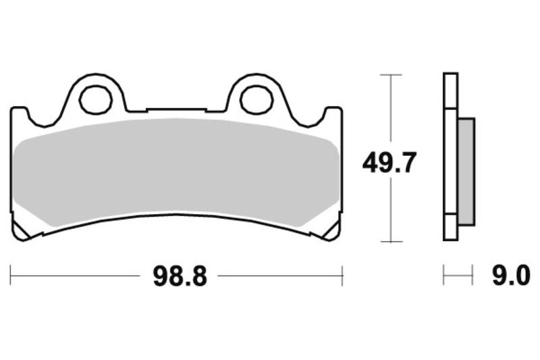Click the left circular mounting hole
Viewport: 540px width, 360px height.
click(x=95, y=99)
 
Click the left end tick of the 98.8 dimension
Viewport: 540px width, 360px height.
click(x=11, y=276)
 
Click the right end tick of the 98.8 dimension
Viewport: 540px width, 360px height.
click(x=343, y=276)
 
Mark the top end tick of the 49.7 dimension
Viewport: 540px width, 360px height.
click(x=390, y=74)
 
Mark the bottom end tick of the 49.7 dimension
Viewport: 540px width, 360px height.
click(x=390, y=241)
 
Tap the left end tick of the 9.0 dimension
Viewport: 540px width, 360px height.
click(x=443, y=276)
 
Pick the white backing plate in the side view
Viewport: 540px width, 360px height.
click(x=450, y=155)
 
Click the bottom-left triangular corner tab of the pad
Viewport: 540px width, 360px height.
click(x=22, y=231)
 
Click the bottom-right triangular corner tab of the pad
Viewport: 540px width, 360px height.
click(x=331, y=231)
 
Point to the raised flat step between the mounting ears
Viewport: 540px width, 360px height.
click(x=176, y=109)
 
